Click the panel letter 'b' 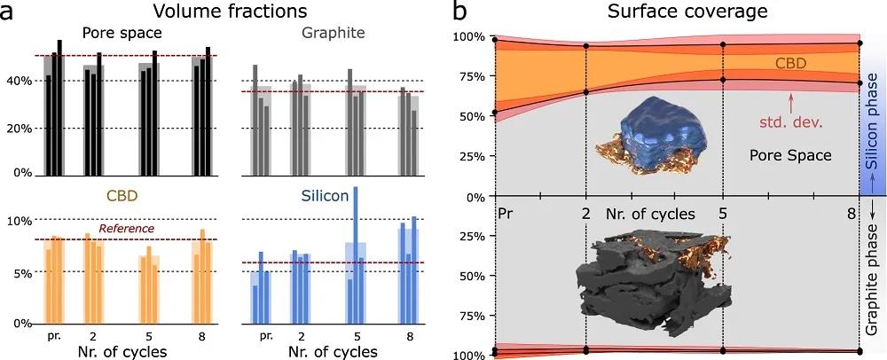click(461, 12)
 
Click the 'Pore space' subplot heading click(122, 34)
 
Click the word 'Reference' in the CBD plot click(126, 229)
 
